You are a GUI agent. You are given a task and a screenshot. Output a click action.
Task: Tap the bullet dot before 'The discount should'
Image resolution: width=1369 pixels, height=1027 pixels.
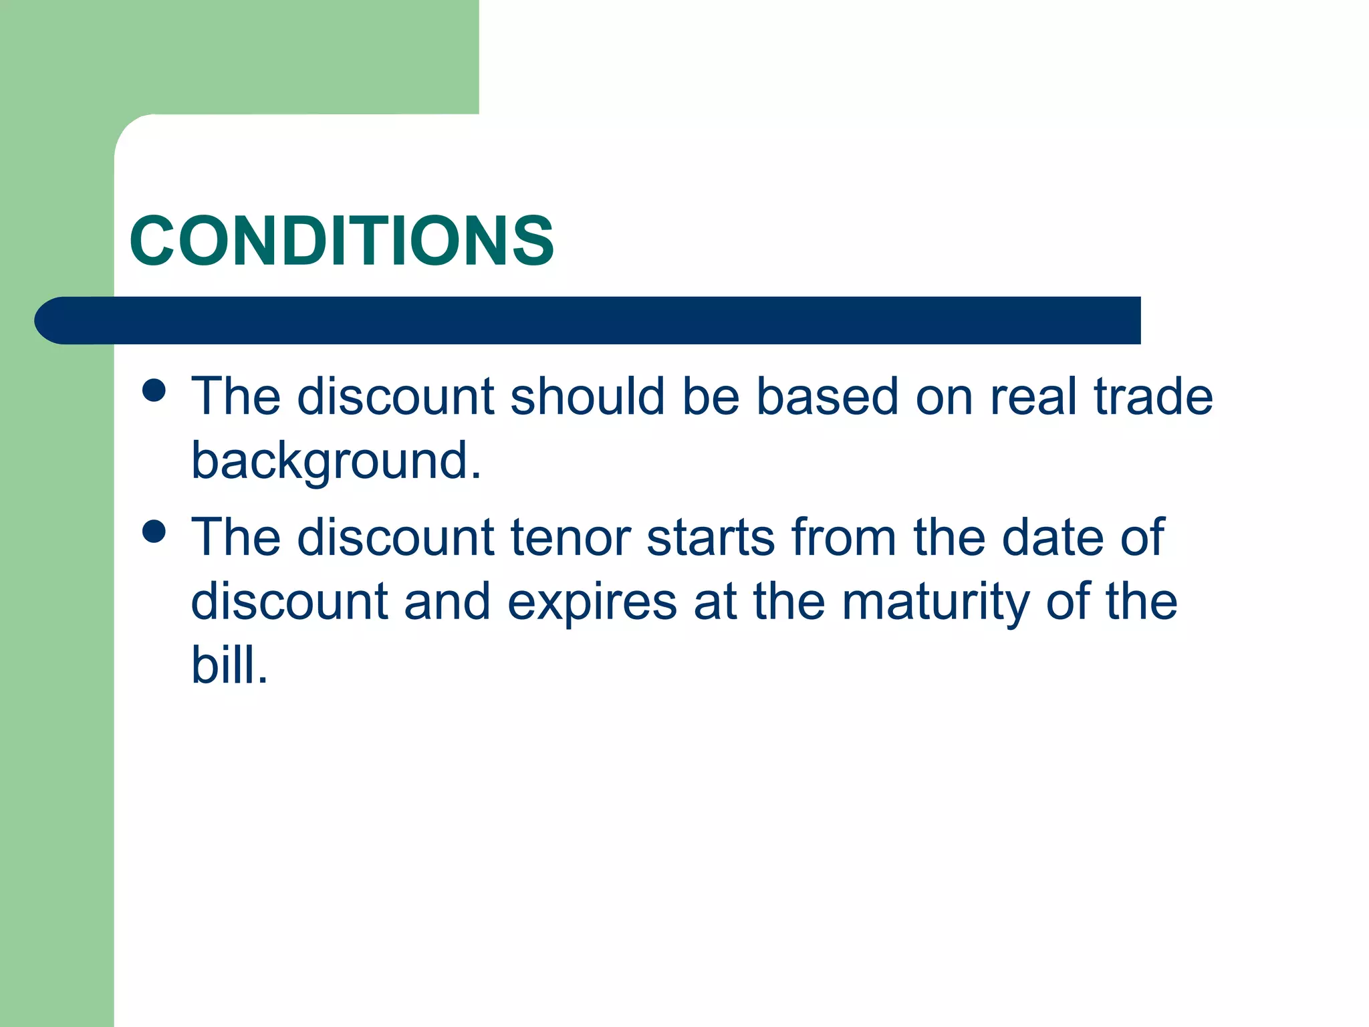[154, 390]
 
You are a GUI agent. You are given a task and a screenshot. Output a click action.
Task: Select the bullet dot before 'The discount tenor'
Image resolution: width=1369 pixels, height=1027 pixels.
[154, 532]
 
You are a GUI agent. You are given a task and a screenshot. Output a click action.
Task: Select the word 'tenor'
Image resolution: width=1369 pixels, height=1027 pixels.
[571, 538]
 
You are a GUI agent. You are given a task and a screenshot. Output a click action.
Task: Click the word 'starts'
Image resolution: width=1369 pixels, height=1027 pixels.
[711, 538]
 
